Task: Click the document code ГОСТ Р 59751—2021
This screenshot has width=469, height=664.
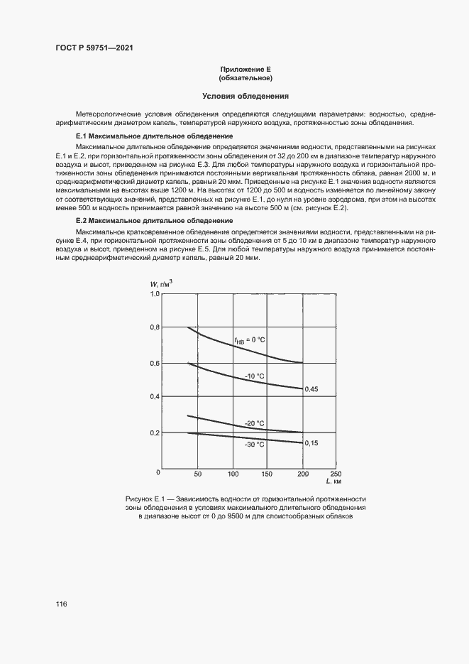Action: point(95,48)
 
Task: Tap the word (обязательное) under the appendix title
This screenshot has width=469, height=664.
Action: point(245,78)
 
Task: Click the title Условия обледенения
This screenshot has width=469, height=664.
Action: point(245,96)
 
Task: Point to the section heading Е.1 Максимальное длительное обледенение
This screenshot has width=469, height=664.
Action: point(155,136)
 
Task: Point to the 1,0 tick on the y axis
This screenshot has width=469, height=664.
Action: point(154,294)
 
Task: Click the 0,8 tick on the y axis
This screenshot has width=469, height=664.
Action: point(154,328)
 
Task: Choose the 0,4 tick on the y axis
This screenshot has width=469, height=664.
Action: point(154,398)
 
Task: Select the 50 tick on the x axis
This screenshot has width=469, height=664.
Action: point(198,474)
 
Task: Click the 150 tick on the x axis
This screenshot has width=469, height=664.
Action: point(267,474)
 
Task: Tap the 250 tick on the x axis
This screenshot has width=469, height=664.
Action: point(336,474)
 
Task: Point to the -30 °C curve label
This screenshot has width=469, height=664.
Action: point(254,445)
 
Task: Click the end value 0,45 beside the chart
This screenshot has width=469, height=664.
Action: point(311,389)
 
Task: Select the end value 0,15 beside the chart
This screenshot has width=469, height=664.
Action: point(311,442)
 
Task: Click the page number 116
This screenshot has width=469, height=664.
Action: point(61,604)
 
